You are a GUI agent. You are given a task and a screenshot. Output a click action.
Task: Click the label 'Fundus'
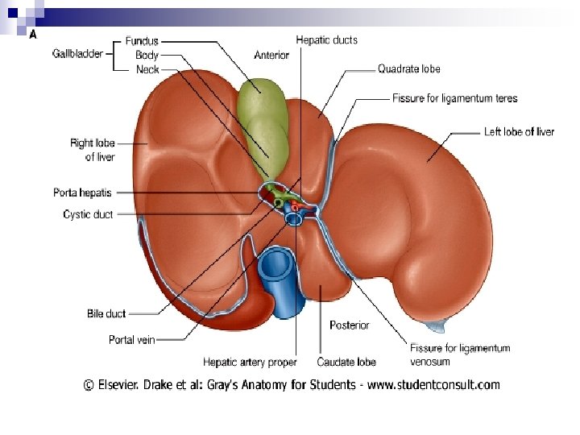pos(142,41)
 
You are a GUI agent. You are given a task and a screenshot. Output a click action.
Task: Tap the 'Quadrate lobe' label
pos(410,69)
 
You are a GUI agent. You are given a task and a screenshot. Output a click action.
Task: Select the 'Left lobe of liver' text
pos(519,131)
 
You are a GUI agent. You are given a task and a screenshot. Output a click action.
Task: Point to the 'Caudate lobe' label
pos(346,362)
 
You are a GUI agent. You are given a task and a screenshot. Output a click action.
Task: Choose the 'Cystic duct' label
pos(88,214)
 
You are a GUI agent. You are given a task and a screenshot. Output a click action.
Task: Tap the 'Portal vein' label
pos(131,340)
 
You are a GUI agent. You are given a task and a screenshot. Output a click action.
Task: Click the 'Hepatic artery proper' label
pos(250,362)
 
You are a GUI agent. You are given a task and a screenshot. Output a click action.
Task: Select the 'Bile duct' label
pos(106,313)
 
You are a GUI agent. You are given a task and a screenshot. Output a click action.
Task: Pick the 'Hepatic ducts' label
pos(326,39)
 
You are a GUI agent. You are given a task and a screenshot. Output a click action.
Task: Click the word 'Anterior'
pos(271,56)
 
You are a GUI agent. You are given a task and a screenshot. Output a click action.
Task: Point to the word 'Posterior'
pos(350,325)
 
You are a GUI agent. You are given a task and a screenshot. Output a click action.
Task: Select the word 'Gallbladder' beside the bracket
pos(77,54)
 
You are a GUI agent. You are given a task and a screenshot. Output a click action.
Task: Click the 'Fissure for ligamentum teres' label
pos(455,98)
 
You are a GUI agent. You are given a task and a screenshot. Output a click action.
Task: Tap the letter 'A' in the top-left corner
pos(33,35)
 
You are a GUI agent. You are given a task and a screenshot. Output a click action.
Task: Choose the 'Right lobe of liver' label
pos(92,150)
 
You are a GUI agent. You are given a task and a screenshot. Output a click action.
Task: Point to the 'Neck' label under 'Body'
pos(147,70)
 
